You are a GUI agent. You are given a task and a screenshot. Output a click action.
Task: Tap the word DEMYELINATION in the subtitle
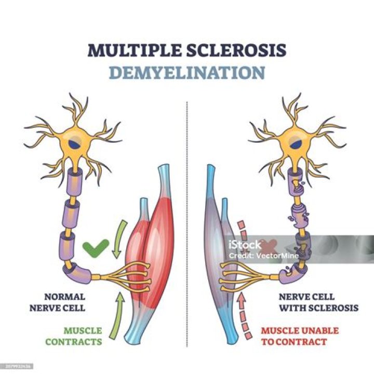pos(186,72)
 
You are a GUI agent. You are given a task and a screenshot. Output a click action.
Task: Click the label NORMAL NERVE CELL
pos(64,302)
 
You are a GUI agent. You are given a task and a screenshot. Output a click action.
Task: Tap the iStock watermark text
pos(245,245)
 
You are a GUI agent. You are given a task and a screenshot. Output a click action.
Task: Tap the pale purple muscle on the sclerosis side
pos(214,244)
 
